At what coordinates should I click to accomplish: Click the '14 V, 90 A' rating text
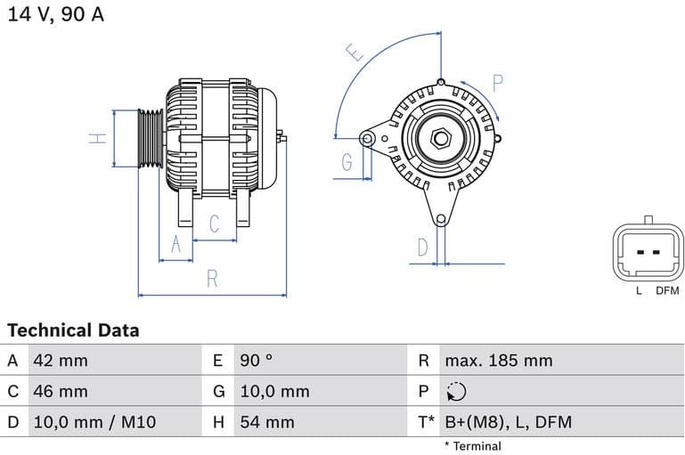pyautogui.click(x=56, y=15)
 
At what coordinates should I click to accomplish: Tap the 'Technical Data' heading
pyautogui.click(x=73, y=330)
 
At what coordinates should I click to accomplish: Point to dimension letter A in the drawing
pyautogui.click(x=175, y=244)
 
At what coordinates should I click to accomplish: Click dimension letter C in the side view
pyautogui.click(x=214, y=224)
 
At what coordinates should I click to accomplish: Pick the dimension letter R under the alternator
pyautogui.click(x=212, y=279)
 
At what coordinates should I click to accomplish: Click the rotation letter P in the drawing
pyautogui.click(x=498, y=84)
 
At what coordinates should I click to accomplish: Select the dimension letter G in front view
pyautogui.click(x=347, y=162)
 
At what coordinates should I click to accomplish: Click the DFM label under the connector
pyautogui.click(x=667, y=291)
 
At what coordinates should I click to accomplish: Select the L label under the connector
pyautogui.click(x=639, y=291)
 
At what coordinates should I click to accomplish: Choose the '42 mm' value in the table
pyautogui.click(x=61, y=361)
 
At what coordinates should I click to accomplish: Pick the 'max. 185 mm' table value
pyautogui.click(x=499, y=361)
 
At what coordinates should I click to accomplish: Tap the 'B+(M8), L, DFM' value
pyautogui.click(x=508, y=422)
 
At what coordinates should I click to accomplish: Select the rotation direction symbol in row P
pyautogui.click(x=456, y=392)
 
